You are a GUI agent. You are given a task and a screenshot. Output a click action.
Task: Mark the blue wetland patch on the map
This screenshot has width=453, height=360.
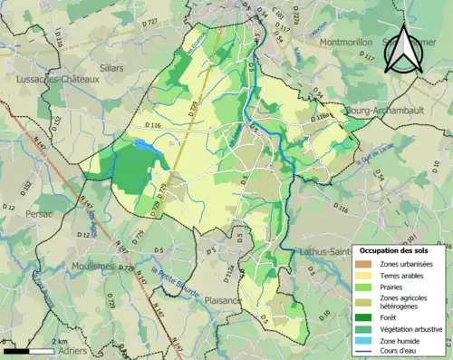pyautogui.click(x=144, y=143)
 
